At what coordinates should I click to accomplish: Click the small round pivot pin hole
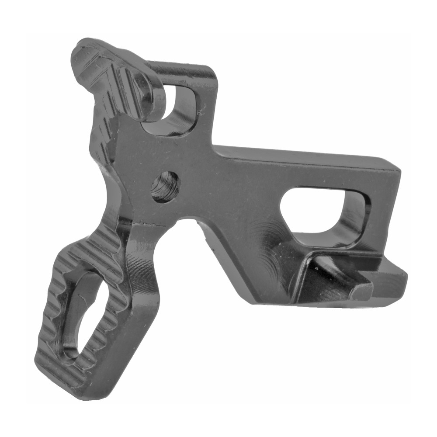pos(166,187)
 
